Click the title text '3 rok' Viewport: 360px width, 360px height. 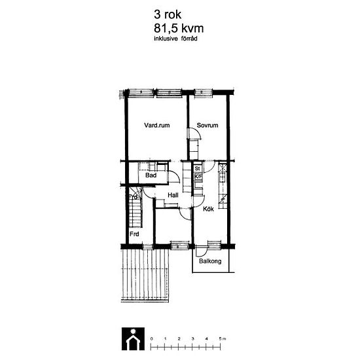[x=168, y=14]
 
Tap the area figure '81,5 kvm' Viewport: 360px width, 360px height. [x=179, y=29]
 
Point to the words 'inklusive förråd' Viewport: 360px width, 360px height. [x=175, y=39]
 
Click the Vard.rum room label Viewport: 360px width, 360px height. [x=157, y=126]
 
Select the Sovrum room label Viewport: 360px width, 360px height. [x=207, y=126]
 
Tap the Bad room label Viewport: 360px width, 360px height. [x=151, y=175]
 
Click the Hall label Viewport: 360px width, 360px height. [x=173, y=196]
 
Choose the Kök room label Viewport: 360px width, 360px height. [x=208, y=209]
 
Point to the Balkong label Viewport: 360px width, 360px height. [x=210, y=261]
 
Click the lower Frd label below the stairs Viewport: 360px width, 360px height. [x=134, y=234]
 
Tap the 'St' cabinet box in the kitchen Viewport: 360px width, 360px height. [x=198, y=168]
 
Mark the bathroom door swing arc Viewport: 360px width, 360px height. [x=176, y=174]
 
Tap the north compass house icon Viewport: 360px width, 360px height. [x=133, y=339]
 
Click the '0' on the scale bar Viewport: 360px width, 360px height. [x=152, y=339]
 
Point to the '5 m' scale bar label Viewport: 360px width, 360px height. [x=223, y=339]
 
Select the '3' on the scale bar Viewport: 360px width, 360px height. [x=192, y=339]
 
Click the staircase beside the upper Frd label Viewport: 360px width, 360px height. [x=135, y=207]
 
